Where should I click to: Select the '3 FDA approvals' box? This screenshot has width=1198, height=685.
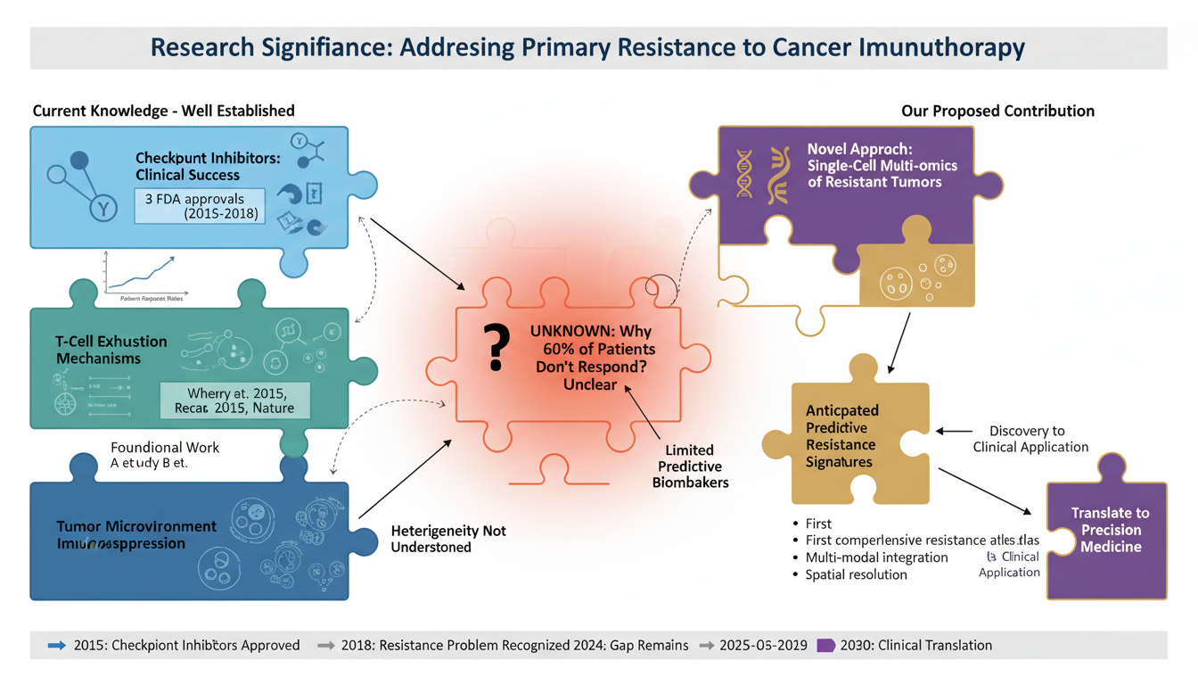[199, 205]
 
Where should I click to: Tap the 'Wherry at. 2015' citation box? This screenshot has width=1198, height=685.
[235, 400]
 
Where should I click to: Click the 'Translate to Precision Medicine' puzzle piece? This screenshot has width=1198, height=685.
[1110, 530]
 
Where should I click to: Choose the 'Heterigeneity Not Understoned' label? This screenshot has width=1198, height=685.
[447, 539]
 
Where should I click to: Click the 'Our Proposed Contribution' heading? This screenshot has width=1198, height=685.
[997, 111]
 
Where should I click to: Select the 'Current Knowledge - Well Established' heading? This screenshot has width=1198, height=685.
[163, 111]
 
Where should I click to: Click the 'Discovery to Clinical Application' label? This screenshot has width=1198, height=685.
[1030, 439]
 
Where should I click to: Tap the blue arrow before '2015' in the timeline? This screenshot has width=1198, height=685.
[56, 645]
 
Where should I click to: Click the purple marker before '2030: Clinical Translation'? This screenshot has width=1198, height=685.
[825, 645]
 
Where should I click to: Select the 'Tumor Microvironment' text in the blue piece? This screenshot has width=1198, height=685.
[136, 526]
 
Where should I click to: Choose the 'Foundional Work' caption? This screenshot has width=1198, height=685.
[165, 447]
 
